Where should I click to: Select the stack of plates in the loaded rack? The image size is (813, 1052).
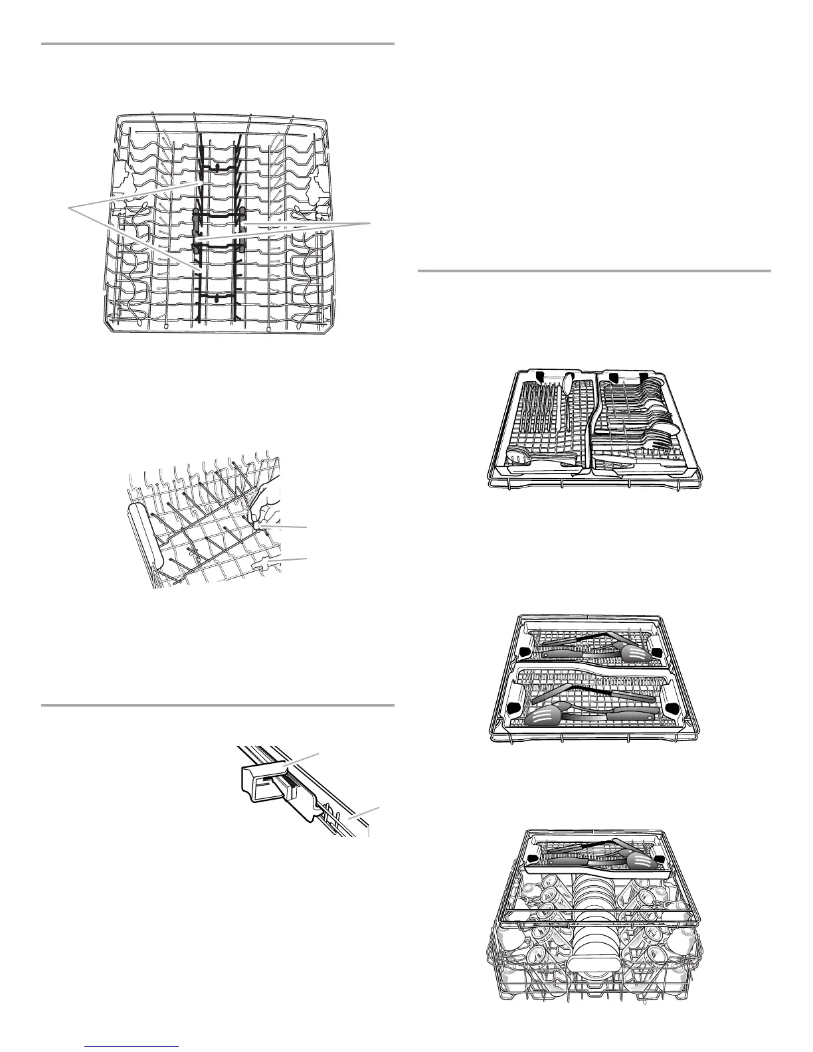click(589, 923)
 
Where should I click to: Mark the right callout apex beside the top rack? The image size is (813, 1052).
click(369, 224)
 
